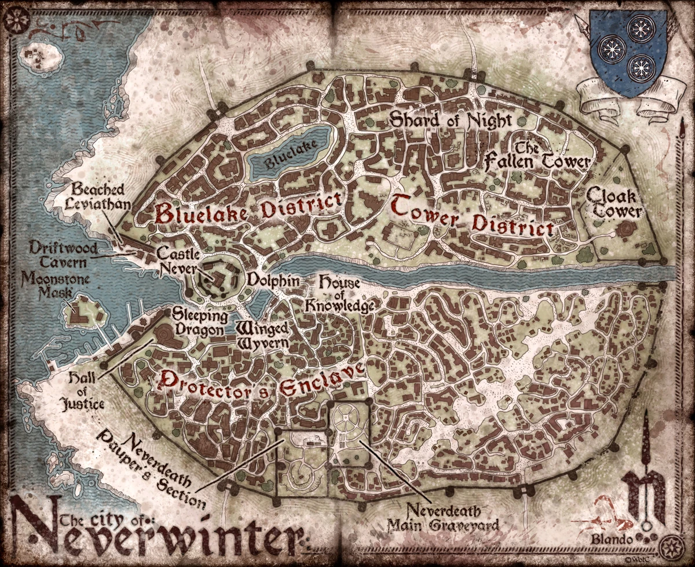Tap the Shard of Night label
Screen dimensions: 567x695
coord(451,120)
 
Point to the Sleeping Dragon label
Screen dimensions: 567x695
coord(196,322)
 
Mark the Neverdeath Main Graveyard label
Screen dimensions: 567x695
coord(444,519)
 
